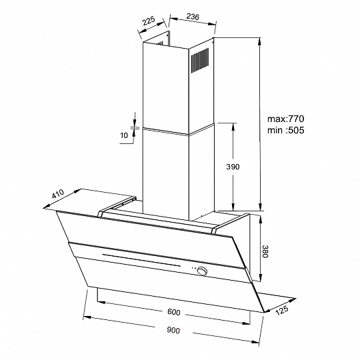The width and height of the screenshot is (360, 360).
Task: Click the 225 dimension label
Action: (x=149, y=21)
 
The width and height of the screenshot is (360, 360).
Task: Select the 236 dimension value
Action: (x=193, y=17)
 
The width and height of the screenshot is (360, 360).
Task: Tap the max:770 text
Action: (x=285, y=119)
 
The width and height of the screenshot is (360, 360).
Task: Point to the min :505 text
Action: (x=285, y=130)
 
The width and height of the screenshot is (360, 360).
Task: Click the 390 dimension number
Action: (x=233, y=167)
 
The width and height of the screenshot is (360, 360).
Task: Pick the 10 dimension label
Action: (x=124, y=135)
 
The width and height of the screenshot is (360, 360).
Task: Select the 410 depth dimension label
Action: (x=57, y=194)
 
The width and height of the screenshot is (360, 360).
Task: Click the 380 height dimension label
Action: (x=265, y=251)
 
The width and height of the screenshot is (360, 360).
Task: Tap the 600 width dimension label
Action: (x=174, y=312)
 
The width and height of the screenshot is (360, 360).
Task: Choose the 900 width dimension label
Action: (x=173, y=331)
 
